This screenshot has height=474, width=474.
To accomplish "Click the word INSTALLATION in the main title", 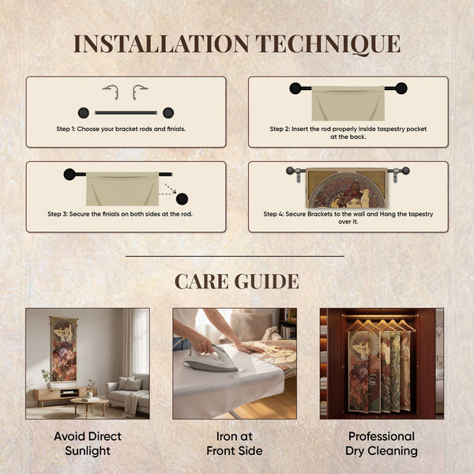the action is click(x=161, y=43).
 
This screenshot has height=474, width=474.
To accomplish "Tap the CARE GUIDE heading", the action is click(x=237, y=281).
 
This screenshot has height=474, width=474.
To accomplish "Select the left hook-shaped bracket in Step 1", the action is click(x=111, y=92).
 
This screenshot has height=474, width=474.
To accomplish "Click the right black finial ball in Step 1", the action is click(x=168, y=113).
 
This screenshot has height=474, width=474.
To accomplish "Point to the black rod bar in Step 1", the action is click(x=126, y=113).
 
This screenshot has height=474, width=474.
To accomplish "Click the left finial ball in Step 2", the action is click(x=295, y=88).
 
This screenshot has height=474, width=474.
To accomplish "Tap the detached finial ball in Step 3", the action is click(x=182, y=199).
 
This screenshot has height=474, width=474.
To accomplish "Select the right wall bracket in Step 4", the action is click(x=395, y=176).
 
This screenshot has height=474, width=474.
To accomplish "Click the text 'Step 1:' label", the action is click(x=66, y=129).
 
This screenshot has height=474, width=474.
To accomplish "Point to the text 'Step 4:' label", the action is click(x=273, y=214).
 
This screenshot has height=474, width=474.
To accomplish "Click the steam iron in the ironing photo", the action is click(x=211, y=359).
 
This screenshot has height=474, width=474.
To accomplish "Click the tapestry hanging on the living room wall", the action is click(x=63, y=349).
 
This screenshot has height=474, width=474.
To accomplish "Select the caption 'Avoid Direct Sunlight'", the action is click(x=88, y=443).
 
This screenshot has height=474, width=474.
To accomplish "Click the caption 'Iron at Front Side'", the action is click(x=235, y=443).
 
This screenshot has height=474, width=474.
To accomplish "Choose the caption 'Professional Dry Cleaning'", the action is click(x=382, y=443).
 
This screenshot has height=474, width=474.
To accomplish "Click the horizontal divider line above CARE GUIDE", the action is click(x=235, y=256).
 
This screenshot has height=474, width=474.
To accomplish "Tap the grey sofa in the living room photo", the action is click(x=129, y=393).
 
